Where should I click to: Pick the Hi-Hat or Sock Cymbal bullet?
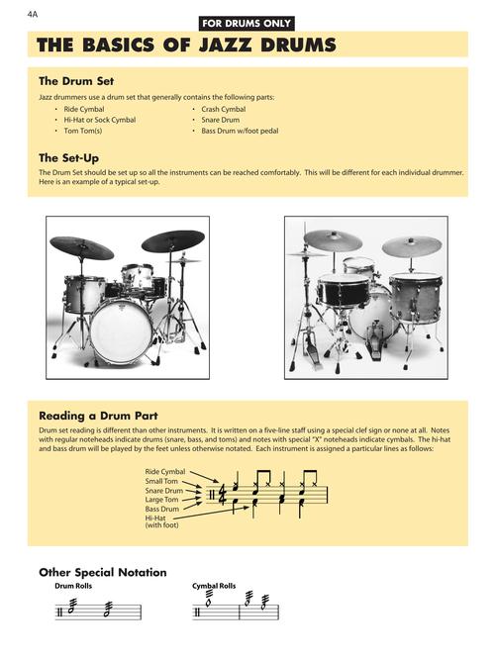99,119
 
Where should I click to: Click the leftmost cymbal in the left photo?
81,247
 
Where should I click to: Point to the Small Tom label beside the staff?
164,481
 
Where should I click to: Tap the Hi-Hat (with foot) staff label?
158,521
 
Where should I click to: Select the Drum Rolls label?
73,587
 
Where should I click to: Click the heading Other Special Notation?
102,572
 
